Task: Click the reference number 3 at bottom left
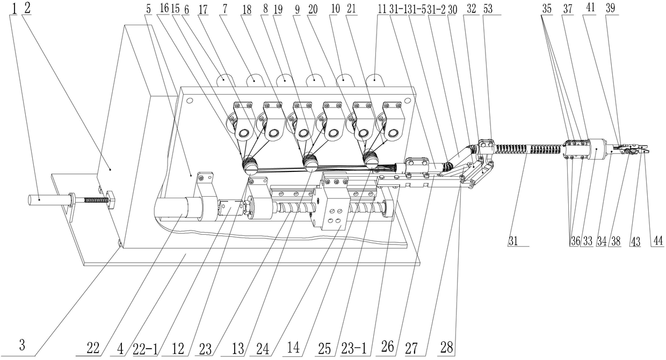tap(23, 345)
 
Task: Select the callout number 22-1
tap(146, 348)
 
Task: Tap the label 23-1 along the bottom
tap(354, 348)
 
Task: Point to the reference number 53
tap(488, 9)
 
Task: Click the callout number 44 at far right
tap(657, 240)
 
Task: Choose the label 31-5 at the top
tap(417, 10)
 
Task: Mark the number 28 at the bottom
tap(447, 348)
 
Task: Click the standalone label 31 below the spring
tap(513, 241)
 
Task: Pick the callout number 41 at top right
tap(590, 8)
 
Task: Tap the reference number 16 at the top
tap(164, 9)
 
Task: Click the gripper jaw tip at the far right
tap(646, 150)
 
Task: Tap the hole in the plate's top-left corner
tap(190, 101)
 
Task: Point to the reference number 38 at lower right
tap(616, 241)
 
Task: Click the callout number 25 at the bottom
tap(324, 349)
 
